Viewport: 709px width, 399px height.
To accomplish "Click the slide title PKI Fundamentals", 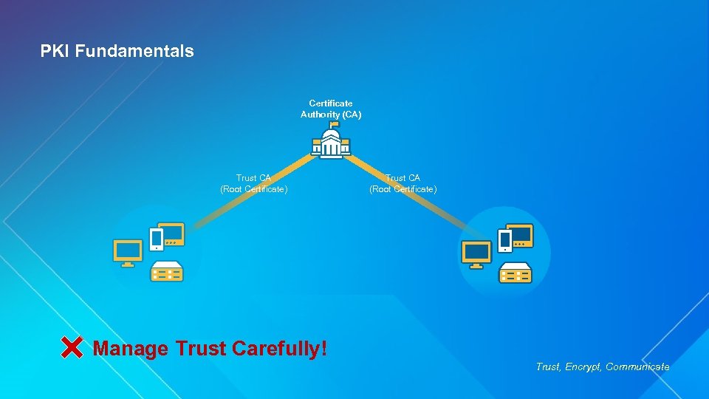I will pos(117,51).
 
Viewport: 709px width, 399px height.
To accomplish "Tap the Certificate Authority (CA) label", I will pos(331,109).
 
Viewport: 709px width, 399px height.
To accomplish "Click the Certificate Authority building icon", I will pos(331,143).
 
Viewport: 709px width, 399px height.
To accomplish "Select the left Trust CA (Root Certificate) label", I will pos(253,183).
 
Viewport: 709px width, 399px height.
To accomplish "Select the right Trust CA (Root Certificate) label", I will pos(403,183).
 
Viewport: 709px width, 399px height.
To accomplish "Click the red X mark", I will pos(72,347).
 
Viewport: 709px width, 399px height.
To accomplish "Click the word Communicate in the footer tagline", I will pos(637,366).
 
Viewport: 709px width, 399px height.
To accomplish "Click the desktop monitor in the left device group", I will pos(128,252).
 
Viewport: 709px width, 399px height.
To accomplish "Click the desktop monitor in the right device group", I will pos(476,253).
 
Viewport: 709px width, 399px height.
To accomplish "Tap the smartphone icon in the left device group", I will pos(157,239).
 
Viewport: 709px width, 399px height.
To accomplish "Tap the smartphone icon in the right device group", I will pos(505,239).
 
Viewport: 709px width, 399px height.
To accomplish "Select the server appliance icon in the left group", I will pos(167,272).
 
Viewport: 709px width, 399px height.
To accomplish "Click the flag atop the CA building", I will pos(334,124).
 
